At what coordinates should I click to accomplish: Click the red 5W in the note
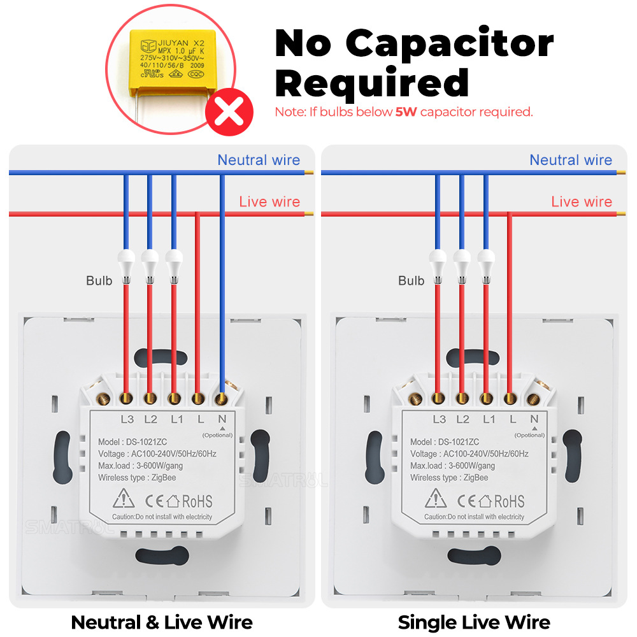click(406, 112)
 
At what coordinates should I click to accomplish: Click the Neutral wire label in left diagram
click(259, 160)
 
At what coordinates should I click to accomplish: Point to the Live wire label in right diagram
click(582, 202)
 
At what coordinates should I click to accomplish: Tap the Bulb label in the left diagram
click(99, 280)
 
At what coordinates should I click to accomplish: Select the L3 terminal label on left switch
click(127, 419)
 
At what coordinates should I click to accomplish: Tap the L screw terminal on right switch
click(510, 399)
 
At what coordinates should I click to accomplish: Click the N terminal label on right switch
click(534, 419)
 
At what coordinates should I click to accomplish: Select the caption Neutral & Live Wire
click(162, 622)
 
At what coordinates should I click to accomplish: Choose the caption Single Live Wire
click(474, 622)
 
